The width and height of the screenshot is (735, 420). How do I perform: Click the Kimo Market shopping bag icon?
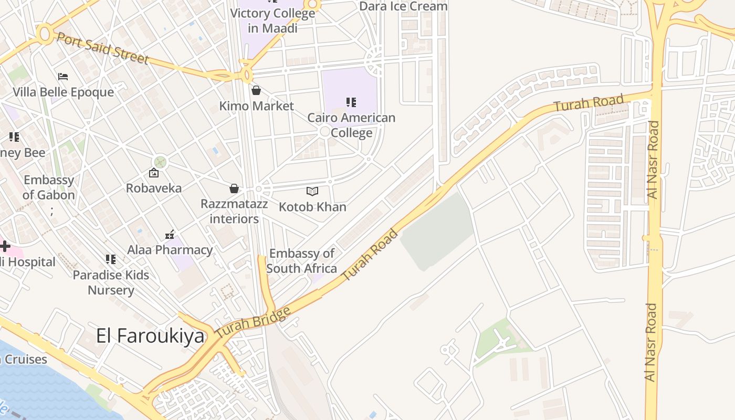(256, 90)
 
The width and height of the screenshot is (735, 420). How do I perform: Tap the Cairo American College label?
(351, 125)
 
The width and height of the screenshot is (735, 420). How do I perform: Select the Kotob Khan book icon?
(312, 192)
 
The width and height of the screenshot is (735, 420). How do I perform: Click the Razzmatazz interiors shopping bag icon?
(234, 188)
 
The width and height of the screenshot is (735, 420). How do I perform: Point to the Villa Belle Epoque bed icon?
(63, 77)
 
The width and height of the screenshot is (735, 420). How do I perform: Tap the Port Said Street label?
(103, 48)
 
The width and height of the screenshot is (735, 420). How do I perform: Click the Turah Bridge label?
(253, 322)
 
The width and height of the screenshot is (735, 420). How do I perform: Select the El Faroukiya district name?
(150, 336)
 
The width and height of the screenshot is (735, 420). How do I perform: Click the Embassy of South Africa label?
(301, 261)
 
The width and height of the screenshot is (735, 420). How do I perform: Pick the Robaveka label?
(154, 188)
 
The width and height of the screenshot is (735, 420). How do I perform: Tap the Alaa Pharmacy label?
(170, 250)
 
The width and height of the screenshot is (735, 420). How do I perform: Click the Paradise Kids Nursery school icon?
(111, 259)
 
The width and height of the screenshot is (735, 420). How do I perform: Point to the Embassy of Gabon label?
(49, 187)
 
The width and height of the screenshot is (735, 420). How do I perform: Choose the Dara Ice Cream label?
(403, 6)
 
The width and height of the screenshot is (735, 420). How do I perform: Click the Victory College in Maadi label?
(273, 20)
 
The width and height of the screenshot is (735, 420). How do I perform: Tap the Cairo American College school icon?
(351, 102)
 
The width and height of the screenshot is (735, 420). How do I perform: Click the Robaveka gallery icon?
(154, 173)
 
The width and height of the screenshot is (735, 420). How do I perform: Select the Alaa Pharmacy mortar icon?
(170, 234)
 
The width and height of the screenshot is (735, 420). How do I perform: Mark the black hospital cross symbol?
(5, 246)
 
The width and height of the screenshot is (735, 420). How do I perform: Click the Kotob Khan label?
(312, 207)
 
